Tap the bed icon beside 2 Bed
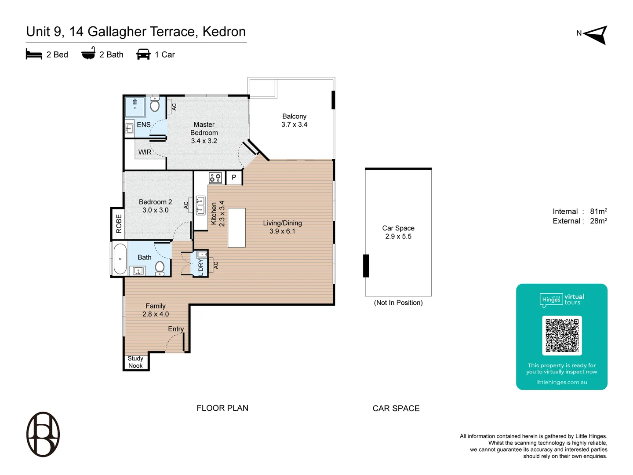34,54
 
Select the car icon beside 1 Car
143,55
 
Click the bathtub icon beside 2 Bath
88,54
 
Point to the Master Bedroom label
204,132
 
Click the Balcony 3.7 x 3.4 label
294,121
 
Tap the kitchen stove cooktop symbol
215,178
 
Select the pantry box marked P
234,177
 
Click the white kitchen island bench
236,227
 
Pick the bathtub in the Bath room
120,259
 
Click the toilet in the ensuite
155,105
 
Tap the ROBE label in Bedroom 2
119,223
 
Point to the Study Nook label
135,362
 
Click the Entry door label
176,329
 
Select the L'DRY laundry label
201,267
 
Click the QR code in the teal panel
562,336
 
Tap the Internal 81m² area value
598,212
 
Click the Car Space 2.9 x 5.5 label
398,232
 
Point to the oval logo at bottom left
43,434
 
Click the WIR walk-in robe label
145,152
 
